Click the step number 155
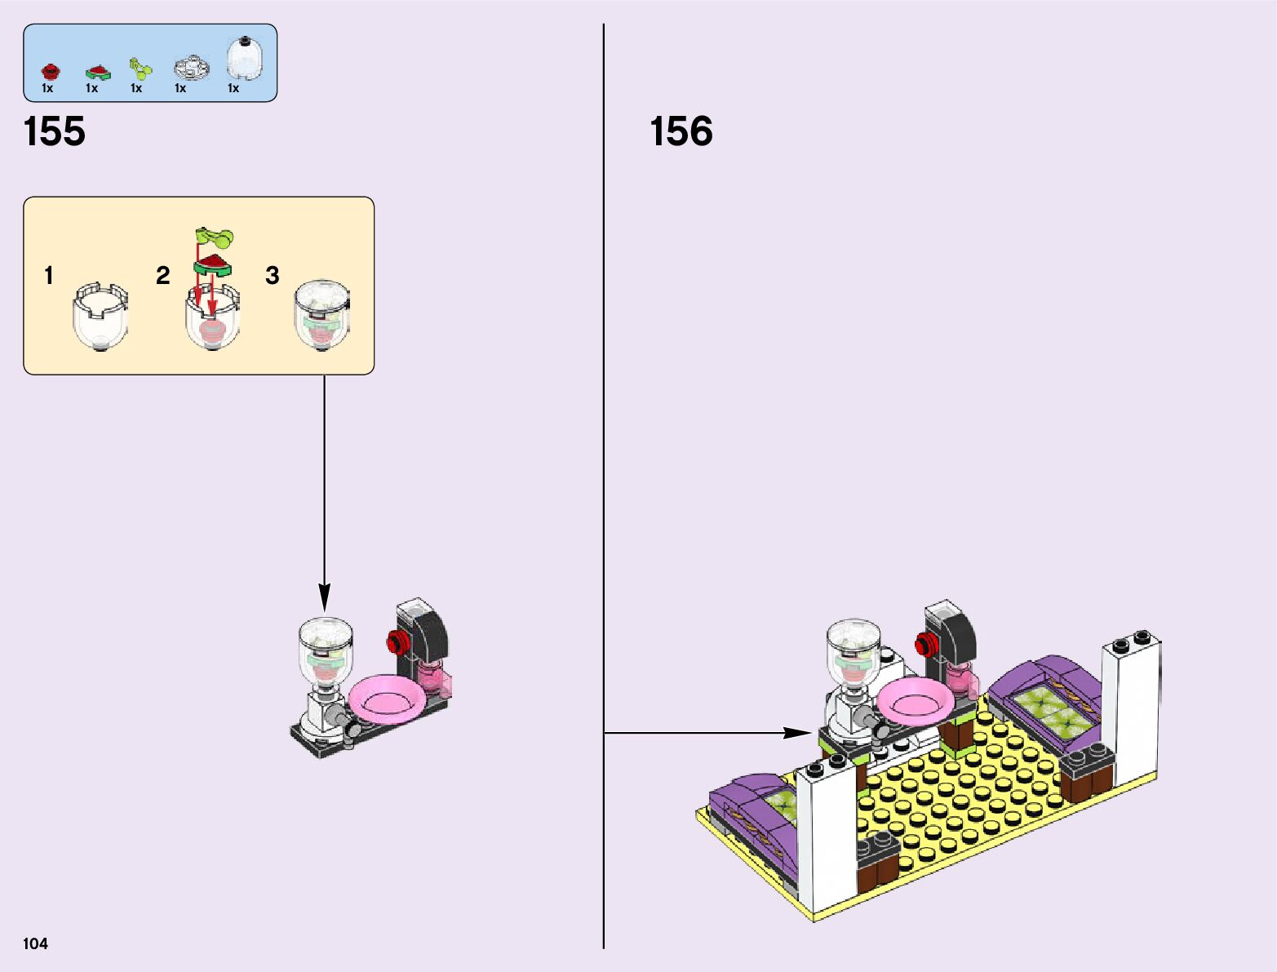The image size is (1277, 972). pyautogui.click(x=55, y=131)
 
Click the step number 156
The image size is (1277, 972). pyautogui.click(x=681, y=131)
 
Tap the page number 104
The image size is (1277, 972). pyautogui.click(x=36, y=943)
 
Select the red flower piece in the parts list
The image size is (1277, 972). pyautogui.click(x=48, y=70)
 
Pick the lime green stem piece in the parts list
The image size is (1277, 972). pyautogui.click(x=140, y=69)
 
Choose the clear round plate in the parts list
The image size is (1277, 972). pyautogui.click(x=191, y=67)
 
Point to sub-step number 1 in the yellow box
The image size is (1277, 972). pyautogui.click(x=49, y=276)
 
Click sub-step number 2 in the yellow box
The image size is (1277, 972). pyautogui.click(x=162, y=276)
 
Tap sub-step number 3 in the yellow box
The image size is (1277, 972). pyautogui.click(x=272, y=276)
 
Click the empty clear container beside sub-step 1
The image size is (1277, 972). pyautogui.click(x=100, y=316)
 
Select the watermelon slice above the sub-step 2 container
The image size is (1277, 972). pyautogui.click(x=212, y=264)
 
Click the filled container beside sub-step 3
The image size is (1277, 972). pyautogui.click(x=322, y=316)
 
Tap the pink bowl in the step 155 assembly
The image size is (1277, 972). pyautogui.click(x=386, y=699)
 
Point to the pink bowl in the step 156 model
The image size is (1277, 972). pyautogui.click(x=915, y=699)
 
